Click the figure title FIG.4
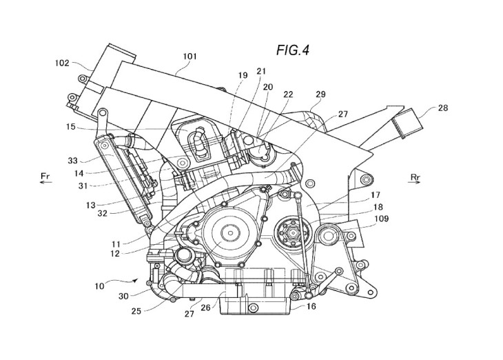293,50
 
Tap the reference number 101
189,57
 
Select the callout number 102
62,63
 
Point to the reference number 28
442,108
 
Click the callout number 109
382,219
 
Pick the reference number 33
72,160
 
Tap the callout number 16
311,306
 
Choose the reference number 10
99,286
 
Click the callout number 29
320,94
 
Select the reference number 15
70,127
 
